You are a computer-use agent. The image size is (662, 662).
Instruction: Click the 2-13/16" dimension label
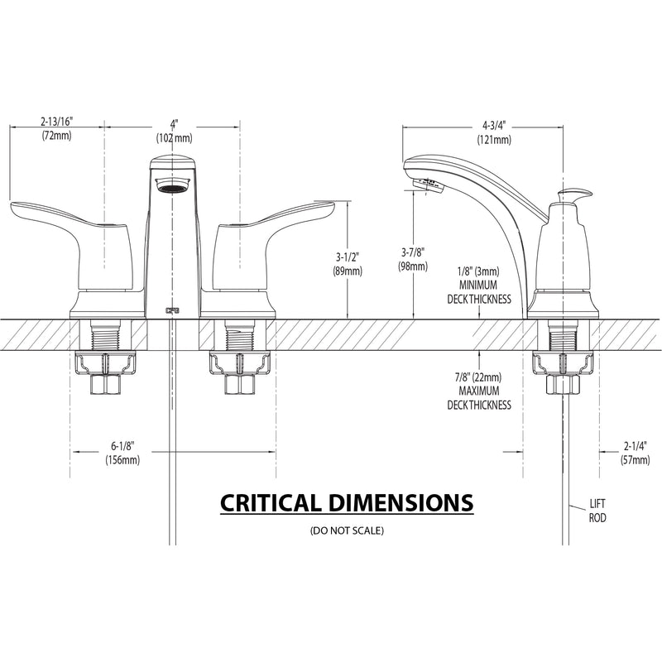click(x=57, y=122)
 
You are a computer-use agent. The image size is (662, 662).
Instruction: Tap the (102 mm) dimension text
click(x=175, y=137)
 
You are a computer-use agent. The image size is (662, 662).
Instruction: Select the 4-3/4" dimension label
click(x=494, y=126)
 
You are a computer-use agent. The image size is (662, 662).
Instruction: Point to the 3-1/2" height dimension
click(x=347, y=257)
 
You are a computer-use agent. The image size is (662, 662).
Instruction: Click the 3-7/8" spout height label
click(x=412, y=252)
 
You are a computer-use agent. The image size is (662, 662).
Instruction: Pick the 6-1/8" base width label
click(x=122, y=446)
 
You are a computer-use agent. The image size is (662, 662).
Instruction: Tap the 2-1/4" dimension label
click(x=635, y=446)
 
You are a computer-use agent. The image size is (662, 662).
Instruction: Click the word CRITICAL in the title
click(x=271, y=503)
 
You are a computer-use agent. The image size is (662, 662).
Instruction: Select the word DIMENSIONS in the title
click(x=401, y=503)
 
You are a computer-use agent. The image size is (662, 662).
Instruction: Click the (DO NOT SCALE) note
click(x=347, y=530)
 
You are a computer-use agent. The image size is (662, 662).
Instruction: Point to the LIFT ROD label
click(x=597, y=511)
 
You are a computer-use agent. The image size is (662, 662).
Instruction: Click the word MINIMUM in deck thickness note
click(x=478, y=285)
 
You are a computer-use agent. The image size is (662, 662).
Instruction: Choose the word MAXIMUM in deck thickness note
click(x=479, y=391)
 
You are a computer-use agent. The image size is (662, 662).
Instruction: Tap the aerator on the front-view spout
click(x=174, y=185)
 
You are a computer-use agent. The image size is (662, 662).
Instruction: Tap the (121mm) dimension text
click(x=494, y=140)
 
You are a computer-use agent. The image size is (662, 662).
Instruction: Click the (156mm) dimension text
click(x=122, y=460)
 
